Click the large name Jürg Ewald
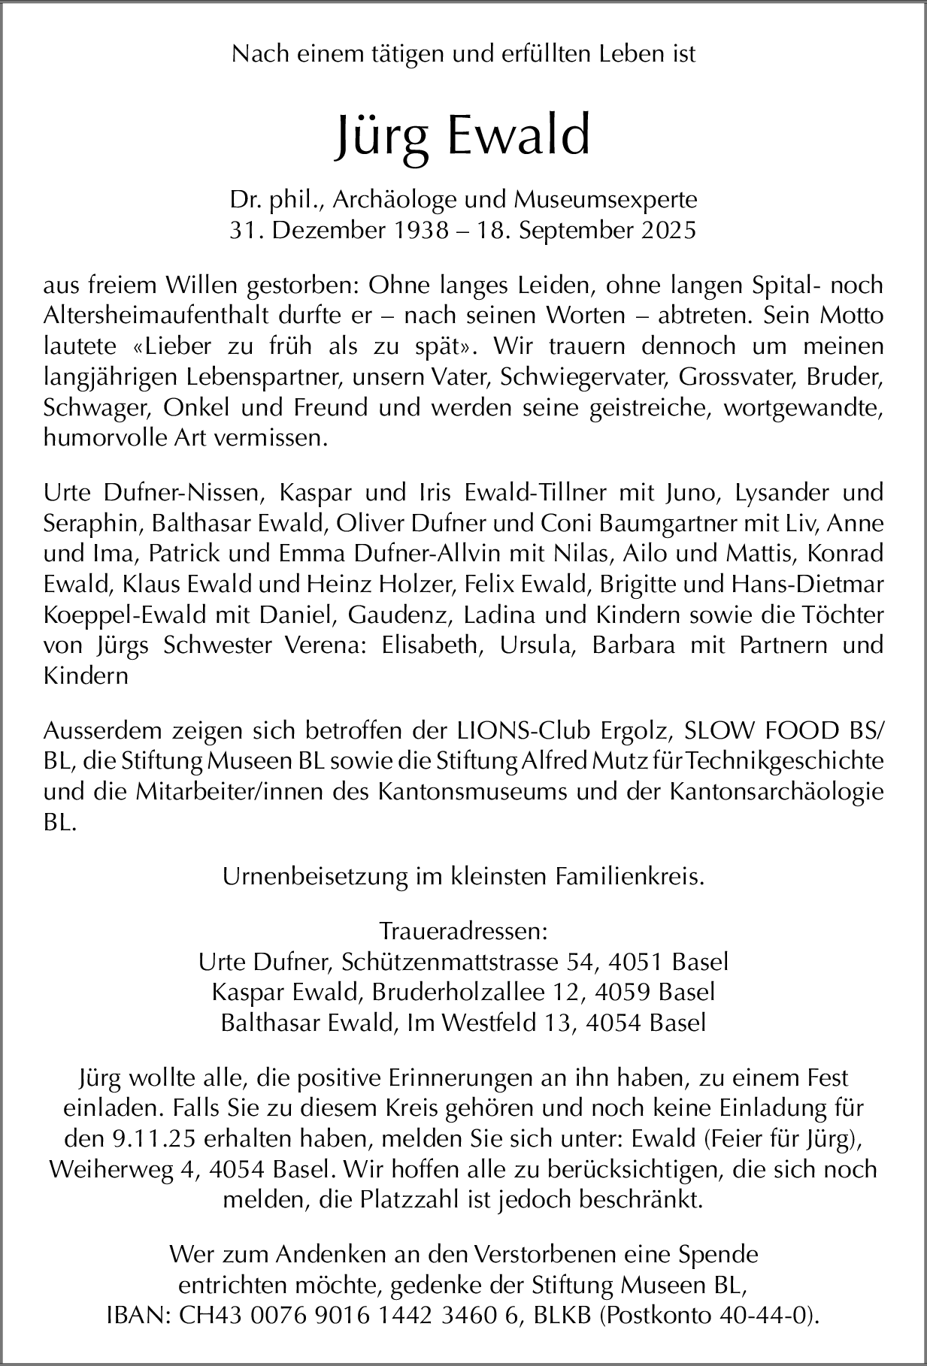click(x=462, y=136)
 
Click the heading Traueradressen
click(x=463, y=932)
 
